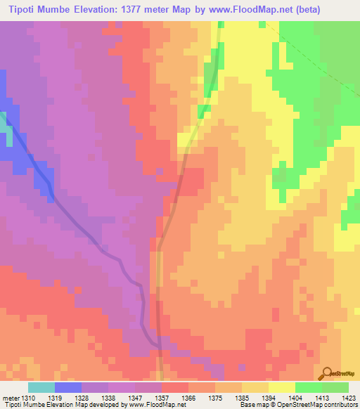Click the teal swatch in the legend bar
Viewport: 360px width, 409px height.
[x=41, y=387]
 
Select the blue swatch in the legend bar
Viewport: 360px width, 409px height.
[x=68, y=387]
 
